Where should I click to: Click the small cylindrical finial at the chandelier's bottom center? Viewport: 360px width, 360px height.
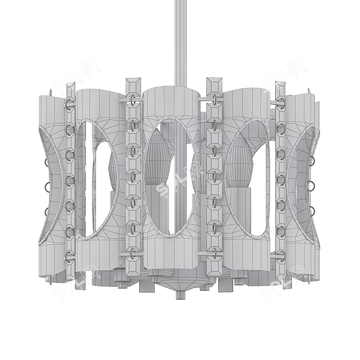pyautogui.click(x=179, y=294)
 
